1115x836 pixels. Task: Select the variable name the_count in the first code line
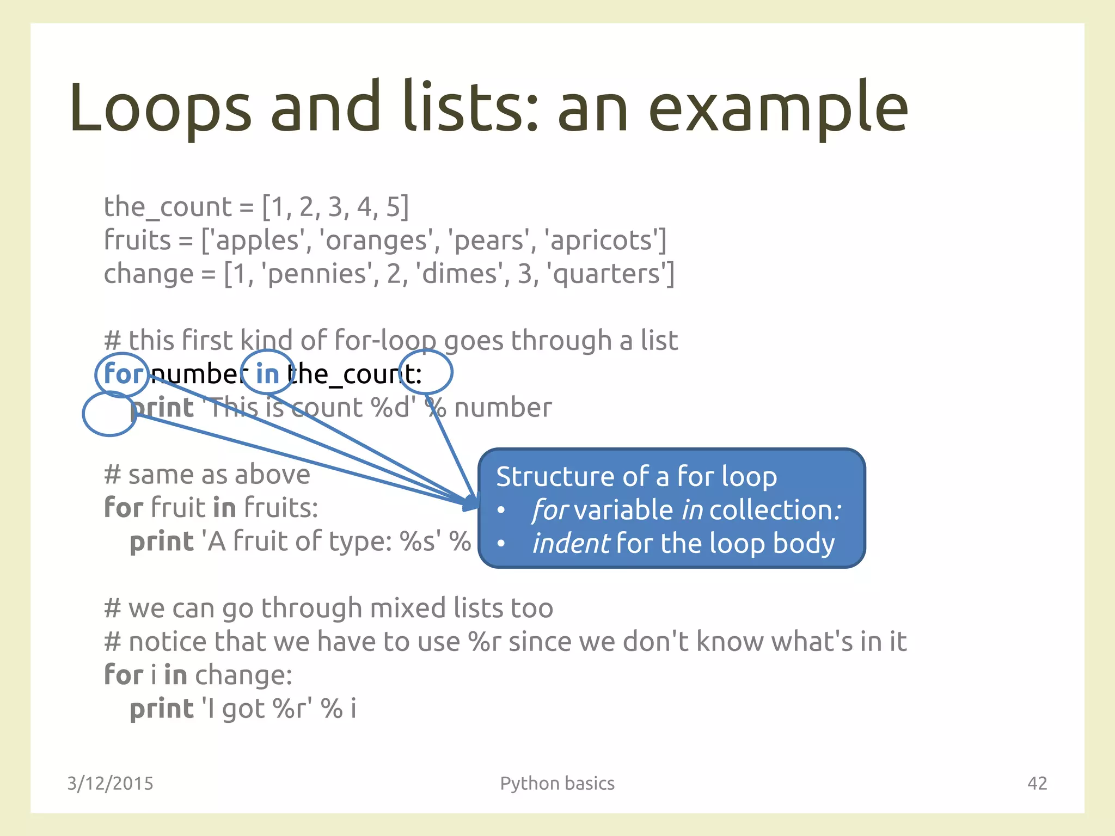click(168, 207)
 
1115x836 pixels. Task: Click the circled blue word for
click(122, 374)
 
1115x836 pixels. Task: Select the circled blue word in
click(267, 374)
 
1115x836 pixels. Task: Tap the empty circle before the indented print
click(109, 414)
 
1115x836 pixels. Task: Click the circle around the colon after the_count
click(426, 372)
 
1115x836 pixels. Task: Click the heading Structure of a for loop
click(636, 477)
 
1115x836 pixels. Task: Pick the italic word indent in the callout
click(571, 544)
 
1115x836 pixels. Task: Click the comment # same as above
click(207, 474)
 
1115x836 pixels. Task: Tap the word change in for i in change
click(243, 675)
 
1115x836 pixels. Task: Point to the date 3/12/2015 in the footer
click(110, 783)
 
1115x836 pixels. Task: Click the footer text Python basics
click(557, 783)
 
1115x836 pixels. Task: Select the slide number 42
click(1037, 783)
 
